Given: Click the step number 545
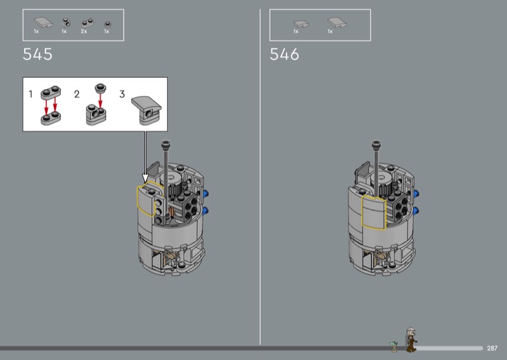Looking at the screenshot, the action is pyautogui.click(x=37, y=55).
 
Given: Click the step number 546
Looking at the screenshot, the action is pyautogui.click(x=284, y=55).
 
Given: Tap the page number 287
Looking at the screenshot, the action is pyautogui.click(x=492, y=349).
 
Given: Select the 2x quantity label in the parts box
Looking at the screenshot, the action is pyautogui.click(x=84, y=32).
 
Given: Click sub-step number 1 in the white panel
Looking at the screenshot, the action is pyautogui.click(x=30, y=94).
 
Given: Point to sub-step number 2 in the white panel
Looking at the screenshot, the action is pyautogui.click(x=77, y=94).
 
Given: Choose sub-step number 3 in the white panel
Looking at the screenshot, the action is pyautogui.click(x=122, y=94).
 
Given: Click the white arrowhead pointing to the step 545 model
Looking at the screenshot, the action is pyautogui.click(x=145, y=178).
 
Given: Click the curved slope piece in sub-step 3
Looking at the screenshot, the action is pyautogui.click(x=146, y=103).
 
